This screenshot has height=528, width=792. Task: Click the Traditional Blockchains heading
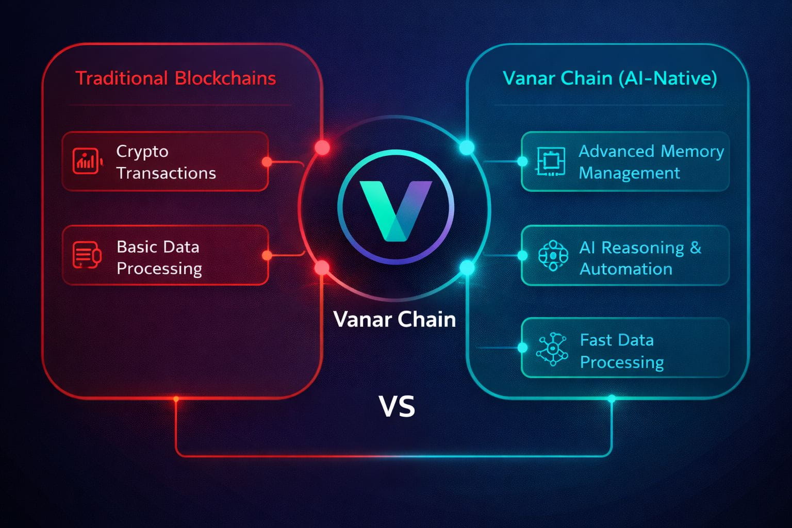click(176, 78)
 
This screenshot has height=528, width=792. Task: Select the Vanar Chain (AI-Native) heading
click(609, 78)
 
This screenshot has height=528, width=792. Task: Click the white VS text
click(397, 406)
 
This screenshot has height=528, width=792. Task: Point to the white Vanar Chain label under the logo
click(394, 320)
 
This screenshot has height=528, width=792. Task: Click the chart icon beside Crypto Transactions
click(86, 161)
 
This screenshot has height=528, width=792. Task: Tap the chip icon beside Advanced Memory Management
click(551, 161)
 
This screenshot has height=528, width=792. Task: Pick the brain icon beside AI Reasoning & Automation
click(553, 255)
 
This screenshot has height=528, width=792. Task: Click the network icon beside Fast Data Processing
click(552, 349)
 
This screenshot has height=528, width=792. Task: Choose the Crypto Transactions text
click(166, 162)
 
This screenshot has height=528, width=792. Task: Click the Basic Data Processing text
click(159, 257)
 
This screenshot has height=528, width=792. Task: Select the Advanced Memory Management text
click(651, 162)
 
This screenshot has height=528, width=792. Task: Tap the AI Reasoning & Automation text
click(640, 258)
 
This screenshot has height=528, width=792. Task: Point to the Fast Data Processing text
click(621, 351)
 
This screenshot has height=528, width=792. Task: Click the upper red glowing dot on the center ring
click(322, 148)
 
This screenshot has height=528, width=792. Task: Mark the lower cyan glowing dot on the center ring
click(467, 268)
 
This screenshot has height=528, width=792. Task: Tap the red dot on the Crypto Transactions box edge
click(267, 162)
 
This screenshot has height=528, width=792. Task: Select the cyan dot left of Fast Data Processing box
click(522, 348)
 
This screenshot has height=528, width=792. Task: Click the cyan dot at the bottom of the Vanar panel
click(612, 399)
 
